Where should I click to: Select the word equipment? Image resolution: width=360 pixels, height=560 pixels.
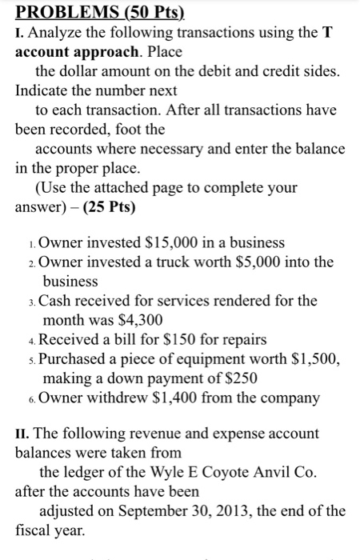(x=231, y=358)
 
